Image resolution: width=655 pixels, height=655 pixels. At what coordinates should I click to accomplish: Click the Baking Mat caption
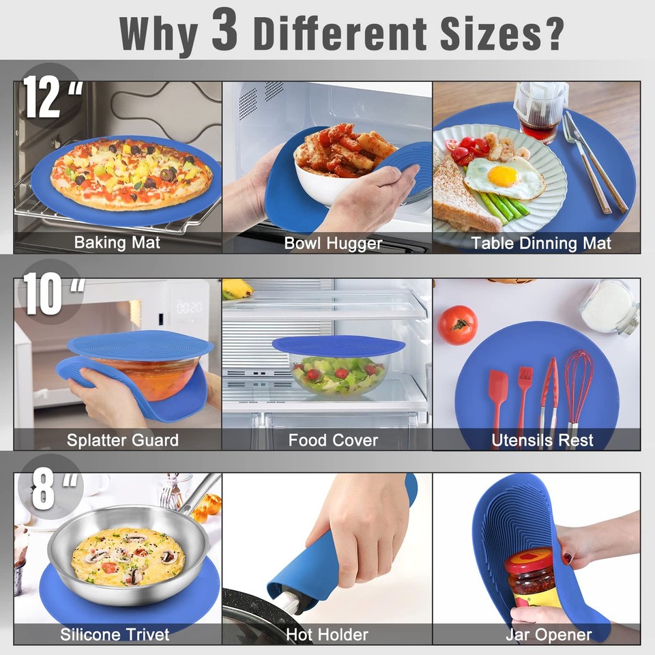point(117,242)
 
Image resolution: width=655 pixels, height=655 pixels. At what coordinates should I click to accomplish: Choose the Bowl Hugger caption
point(333,243)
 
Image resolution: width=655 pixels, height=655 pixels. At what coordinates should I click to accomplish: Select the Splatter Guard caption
point(123,440)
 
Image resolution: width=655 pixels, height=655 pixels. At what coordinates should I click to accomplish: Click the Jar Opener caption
point(549,635)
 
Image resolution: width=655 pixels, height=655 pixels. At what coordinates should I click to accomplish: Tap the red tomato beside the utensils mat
point(457,325)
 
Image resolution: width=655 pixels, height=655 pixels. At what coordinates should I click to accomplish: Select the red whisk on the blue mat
point(579,389)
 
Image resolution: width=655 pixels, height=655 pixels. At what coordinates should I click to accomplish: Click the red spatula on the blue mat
point(499,396)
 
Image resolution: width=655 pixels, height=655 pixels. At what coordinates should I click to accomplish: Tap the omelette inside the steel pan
point(128,555)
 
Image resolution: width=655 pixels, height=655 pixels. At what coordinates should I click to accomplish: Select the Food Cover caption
point(333,440)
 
